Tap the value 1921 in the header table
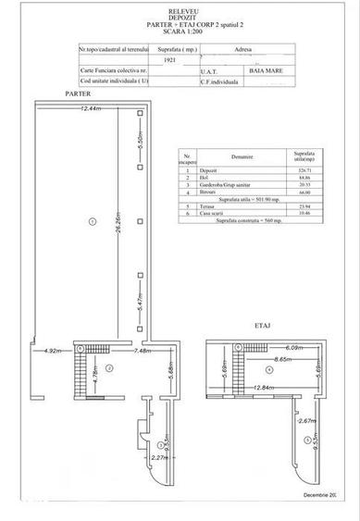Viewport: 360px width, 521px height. tap(168, 57)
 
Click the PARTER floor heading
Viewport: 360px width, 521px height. tap(53, 95)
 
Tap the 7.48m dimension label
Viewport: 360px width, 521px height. tap(143, 352)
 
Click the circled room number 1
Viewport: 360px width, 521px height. tap(92, 220)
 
